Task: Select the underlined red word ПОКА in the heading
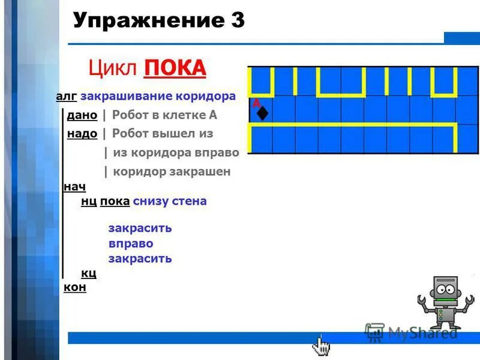[175, 67]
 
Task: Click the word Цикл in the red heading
[113, 67]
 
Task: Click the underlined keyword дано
[82, 115]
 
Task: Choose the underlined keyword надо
[82, 134]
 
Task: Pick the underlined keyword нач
[74, 187]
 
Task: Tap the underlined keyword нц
[88, 202]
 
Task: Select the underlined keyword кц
[88, 274]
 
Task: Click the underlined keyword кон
[74, 287]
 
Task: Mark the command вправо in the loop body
[131, 244]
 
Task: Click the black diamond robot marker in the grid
[262, 113]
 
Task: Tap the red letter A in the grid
[256, 103]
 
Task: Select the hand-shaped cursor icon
[321, 346]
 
